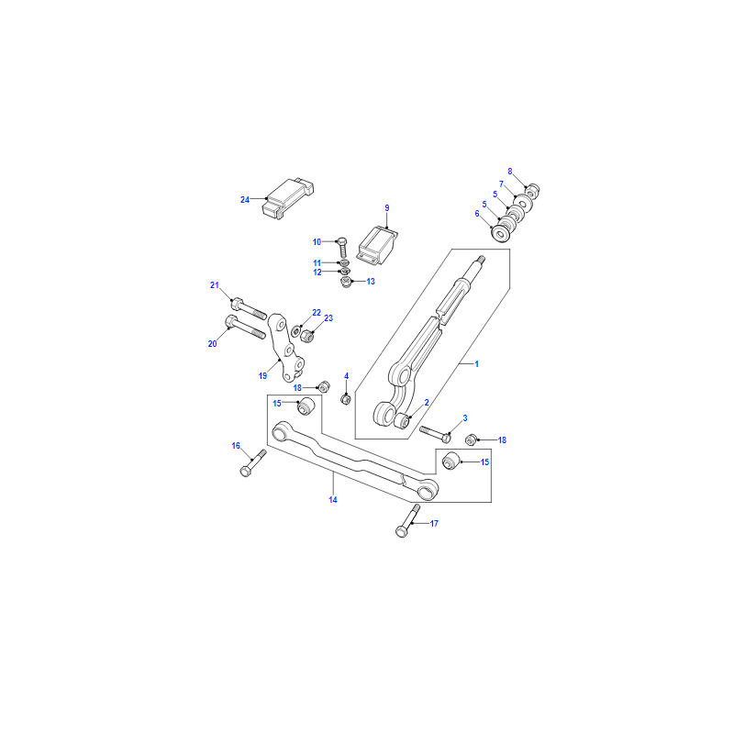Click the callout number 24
pos(245,200)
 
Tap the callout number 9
pos(387,208)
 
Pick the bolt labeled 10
pos(342,247)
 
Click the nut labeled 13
pos(346,282)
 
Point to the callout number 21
pos(215,285)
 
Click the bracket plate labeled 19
pos(285,348)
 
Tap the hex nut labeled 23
pos(306,336)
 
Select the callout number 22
pos(317,313)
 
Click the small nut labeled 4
pos(346,399)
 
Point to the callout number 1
pos(477,363)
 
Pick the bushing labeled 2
pos(402,420)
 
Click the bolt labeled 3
pos(435,434)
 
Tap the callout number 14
pos(333,500)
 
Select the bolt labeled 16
pos(253,463)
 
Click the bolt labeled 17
pos(407,520)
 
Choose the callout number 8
pos(510,172)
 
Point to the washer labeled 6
pos(499,233)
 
